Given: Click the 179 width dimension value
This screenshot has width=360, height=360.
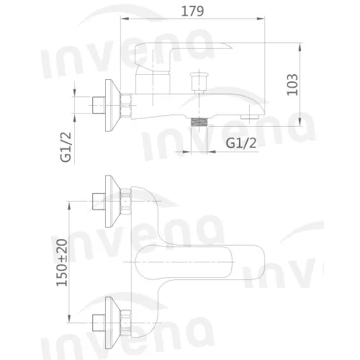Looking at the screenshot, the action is (192, 11).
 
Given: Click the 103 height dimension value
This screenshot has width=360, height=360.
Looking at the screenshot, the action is (292, 84).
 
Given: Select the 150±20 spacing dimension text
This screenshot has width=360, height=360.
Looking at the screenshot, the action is (62, 263).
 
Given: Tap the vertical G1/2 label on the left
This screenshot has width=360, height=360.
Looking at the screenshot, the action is (66, 147).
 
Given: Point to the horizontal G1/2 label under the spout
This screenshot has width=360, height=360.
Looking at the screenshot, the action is (241, 143).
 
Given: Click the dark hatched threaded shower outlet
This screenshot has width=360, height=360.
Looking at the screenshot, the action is (199, 122).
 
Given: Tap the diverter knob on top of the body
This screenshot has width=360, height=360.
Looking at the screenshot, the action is (199, 82).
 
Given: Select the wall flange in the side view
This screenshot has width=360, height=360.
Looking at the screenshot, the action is (112, 106).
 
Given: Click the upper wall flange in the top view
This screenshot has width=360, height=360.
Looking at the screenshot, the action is (112, 201).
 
